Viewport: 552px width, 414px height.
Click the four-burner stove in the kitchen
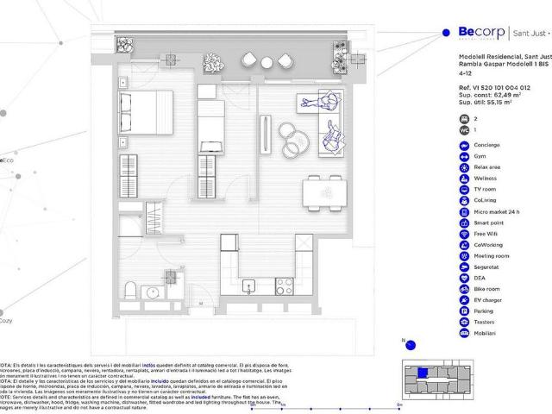[284, 285]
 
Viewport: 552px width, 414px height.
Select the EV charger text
[488, 300]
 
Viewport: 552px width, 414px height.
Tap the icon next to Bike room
[465, 289]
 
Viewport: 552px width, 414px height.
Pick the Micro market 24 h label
[496, 211]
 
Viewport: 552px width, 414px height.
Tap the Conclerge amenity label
[488, 145]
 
